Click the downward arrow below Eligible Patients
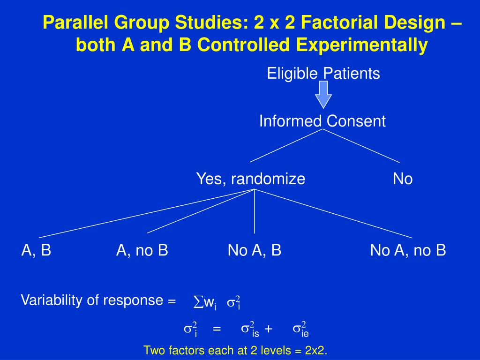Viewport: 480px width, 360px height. tap(323, 94)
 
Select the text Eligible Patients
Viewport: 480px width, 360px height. tap(323, 74)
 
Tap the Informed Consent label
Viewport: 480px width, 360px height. tap(322, 121)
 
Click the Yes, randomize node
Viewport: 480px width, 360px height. tap(250, 179)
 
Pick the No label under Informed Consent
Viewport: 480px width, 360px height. tap(403, 179)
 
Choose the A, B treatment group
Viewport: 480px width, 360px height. tap(37, 250)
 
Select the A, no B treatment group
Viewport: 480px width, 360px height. tap(142, 250)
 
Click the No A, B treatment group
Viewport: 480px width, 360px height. tap(255, 250)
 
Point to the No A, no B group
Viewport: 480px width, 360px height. tap(408, 250)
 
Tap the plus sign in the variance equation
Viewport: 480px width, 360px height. tap(268, 329)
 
